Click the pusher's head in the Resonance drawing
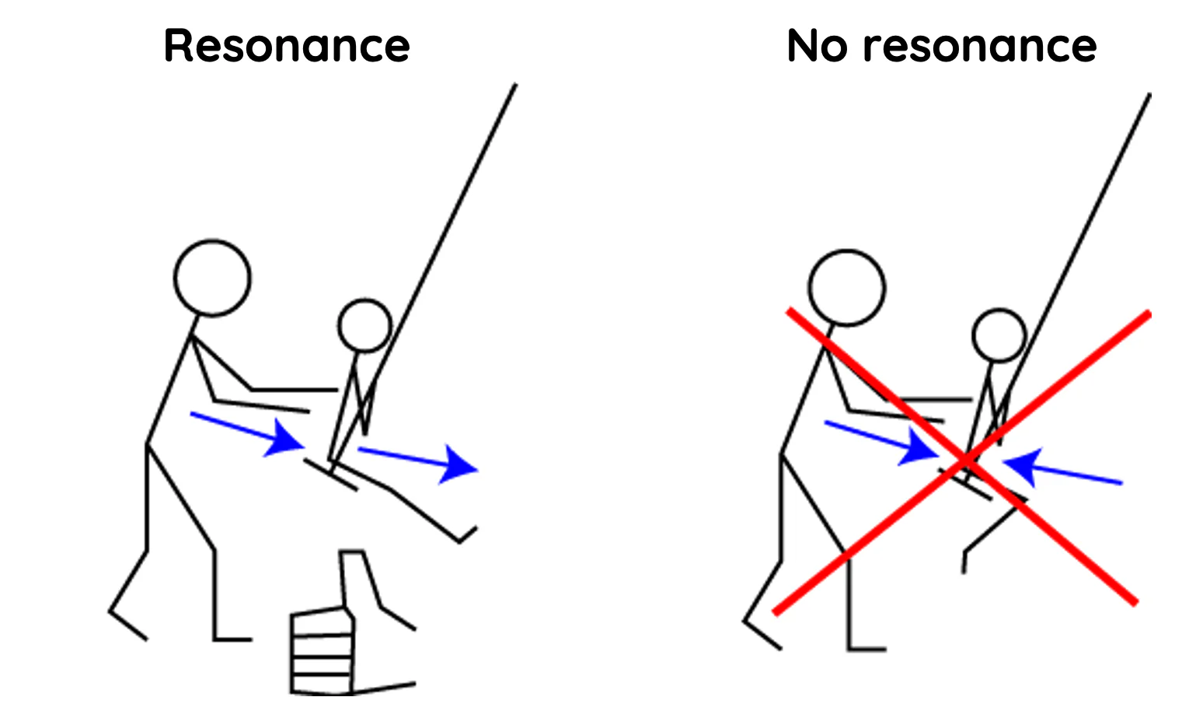(212, 278)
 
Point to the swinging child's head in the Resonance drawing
(364, 325)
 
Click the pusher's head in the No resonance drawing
(846, 287)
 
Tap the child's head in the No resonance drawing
(999, 334)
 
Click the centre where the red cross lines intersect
(964, 461)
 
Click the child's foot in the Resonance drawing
(466, 534)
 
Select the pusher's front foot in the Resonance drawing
(233, 639)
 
